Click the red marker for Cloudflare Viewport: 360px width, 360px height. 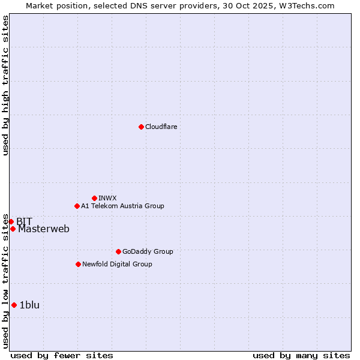pos(141,127)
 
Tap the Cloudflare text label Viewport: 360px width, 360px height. pos(161,127)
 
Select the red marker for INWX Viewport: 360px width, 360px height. pos(94,198)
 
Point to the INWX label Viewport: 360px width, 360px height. pos(107,198)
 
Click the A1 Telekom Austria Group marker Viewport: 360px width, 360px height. pos(77,206)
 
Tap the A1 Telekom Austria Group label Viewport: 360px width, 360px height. pos(122,206)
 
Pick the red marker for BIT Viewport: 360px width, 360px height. pos(11,221)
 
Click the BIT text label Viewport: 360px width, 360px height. pos(24,221)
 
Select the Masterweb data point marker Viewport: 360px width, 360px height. pos(13,229)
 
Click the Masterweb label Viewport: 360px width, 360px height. pos(43,229)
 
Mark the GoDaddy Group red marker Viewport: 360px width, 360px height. pos(118,251)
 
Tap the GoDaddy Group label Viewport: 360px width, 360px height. pos(147,251)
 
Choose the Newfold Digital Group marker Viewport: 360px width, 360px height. pos(78,264)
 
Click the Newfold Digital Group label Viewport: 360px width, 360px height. pos(117,264)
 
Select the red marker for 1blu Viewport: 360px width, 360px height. pos(14,305)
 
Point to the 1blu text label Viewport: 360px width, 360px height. pos(29,305)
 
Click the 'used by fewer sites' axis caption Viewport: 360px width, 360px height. pos(62,355)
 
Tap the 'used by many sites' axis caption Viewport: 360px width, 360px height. pos(301,355)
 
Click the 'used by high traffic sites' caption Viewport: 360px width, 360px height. pos(5,85)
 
